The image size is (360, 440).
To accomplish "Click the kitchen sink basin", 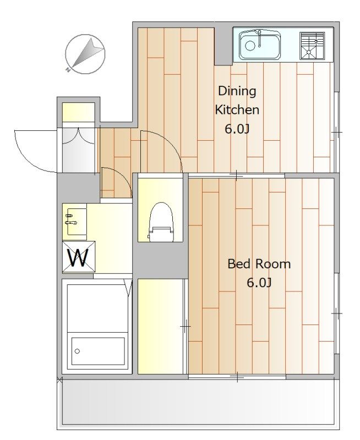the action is [x=260, y=45].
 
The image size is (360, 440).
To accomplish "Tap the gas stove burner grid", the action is [x=312, y=46].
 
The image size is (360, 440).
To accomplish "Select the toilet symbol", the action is [x=161, y=222].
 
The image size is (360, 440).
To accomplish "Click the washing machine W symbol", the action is [x=79, y=257].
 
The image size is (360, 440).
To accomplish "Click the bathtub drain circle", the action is [x=77, y=351].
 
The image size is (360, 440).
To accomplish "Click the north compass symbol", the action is [x=85, y=54].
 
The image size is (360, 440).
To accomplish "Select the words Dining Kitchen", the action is [x=237, y=100].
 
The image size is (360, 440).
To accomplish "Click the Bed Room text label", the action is [x=259, y=264].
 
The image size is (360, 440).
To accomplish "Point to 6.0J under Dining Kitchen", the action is [x=237, y=129].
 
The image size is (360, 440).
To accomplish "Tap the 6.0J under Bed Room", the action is [x=259, y=283].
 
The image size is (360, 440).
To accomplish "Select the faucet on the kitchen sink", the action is [x=260, y=38].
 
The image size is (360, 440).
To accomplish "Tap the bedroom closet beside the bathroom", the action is [x=160, y=326].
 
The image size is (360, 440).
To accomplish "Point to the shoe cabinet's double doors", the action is [x=78, y=136].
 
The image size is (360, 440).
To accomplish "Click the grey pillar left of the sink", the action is [x=223, y=46].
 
